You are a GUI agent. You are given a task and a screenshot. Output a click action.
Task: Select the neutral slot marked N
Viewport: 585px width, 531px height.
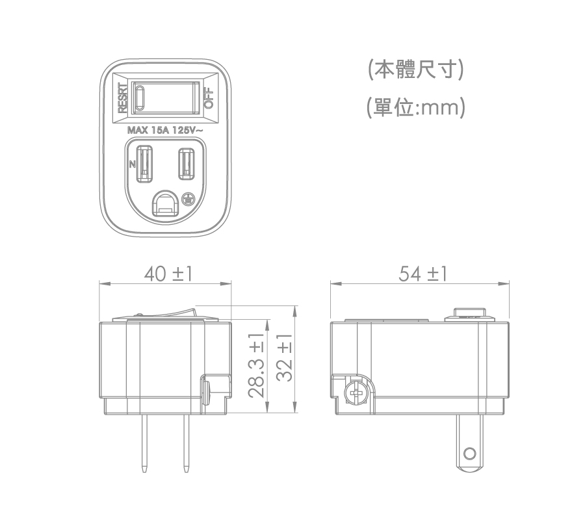[x=145, y=164]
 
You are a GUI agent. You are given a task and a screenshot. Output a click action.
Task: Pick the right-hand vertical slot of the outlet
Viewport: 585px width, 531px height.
[x=187, y=163]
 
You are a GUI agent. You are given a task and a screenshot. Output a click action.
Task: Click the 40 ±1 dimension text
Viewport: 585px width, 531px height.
[x=168, y=274]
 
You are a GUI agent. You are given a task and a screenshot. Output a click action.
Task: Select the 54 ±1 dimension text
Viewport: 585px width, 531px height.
[x=423, y=274]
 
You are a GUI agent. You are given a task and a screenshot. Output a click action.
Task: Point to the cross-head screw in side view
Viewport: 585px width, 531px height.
[x=355, y=393]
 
